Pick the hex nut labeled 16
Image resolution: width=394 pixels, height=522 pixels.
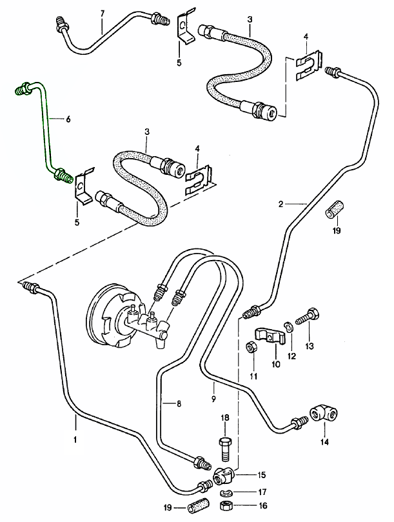pyautogui.click(x=226, y=505)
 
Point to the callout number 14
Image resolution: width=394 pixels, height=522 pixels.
pyautogui.click(x=324, y=443)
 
